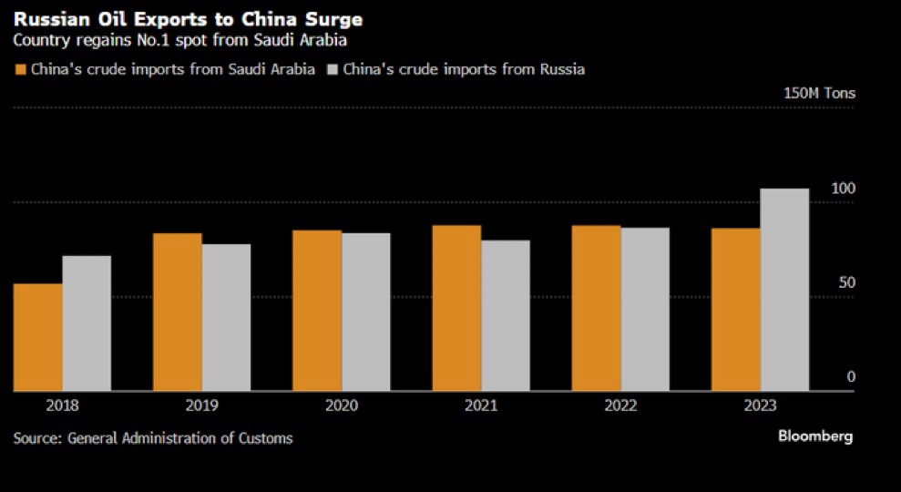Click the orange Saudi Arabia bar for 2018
coord(38,337)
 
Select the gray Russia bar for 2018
coord(87,323)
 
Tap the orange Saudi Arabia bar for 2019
coord(178,313)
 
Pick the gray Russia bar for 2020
coord(366,312)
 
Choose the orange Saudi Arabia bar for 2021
coord(456,308)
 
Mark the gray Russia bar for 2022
coord(645,309)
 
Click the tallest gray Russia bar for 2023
coord(784,290)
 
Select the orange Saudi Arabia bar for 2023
coord(736,310)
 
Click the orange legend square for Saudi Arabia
coord(20,69)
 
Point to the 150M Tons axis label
coord(819,93)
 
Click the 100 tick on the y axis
coord(844,189)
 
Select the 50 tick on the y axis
coord(846,283)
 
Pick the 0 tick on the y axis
coord(851,377)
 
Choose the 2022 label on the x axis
coord(620,406)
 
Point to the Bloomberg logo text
coord(814,436)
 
